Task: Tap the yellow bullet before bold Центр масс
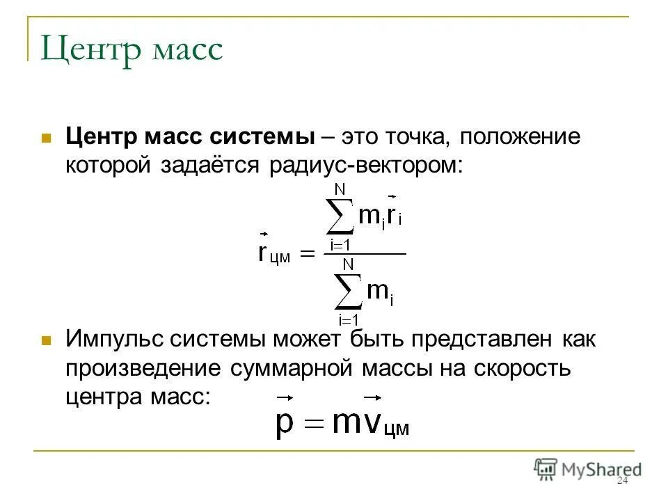click(x=47, y=137)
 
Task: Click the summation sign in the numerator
click(x=340, y=216)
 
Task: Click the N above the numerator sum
click(x=340, y=189)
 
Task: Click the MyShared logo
click(x=588, y=468)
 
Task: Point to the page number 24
click(x=622, y=482)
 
